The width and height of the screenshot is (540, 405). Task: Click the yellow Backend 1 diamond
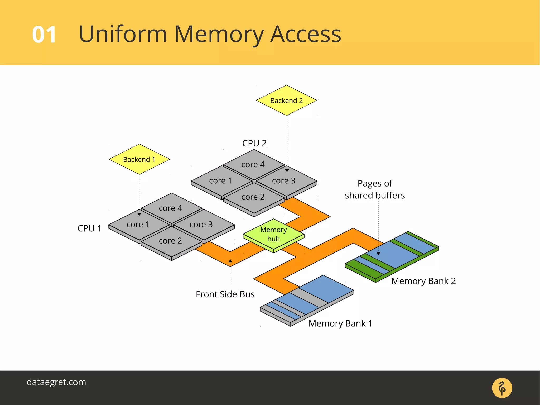[139, 159]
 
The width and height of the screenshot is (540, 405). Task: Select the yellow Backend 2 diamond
[286, 101]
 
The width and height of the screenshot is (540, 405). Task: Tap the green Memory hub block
[273, 234]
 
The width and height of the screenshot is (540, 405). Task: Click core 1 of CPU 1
[138, 225]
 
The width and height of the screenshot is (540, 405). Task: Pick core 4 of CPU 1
[171, 208]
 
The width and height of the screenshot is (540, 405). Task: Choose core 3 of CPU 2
[283, 181]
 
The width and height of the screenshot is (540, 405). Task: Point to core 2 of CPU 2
[253, 197]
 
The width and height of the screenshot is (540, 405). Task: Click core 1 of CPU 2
[220, 181]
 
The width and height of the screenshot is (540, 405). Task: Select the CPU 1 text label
[89, 228]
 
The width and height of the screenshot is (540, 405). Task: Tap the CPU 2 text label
[254, 143]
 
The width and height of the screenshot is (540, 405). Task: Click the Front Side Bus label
[225, 294]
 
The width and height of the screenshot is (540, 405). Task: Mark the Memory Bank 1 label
[340, 323]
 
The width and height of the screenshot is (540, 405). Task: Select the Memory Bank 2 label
[423, 281]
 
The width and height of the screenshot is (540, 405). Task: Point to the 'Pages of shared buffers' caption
[375, 189]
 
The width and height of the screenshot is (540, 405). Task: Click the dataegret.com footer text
[56, 382]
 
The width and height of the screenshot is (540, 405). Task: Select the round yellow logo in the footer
[502, 388]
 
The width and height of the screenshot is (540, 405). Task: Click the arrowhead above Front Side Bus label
[230, 261]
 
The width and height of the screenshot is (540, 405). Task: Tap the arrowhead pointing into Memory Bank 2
[378, 254]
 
